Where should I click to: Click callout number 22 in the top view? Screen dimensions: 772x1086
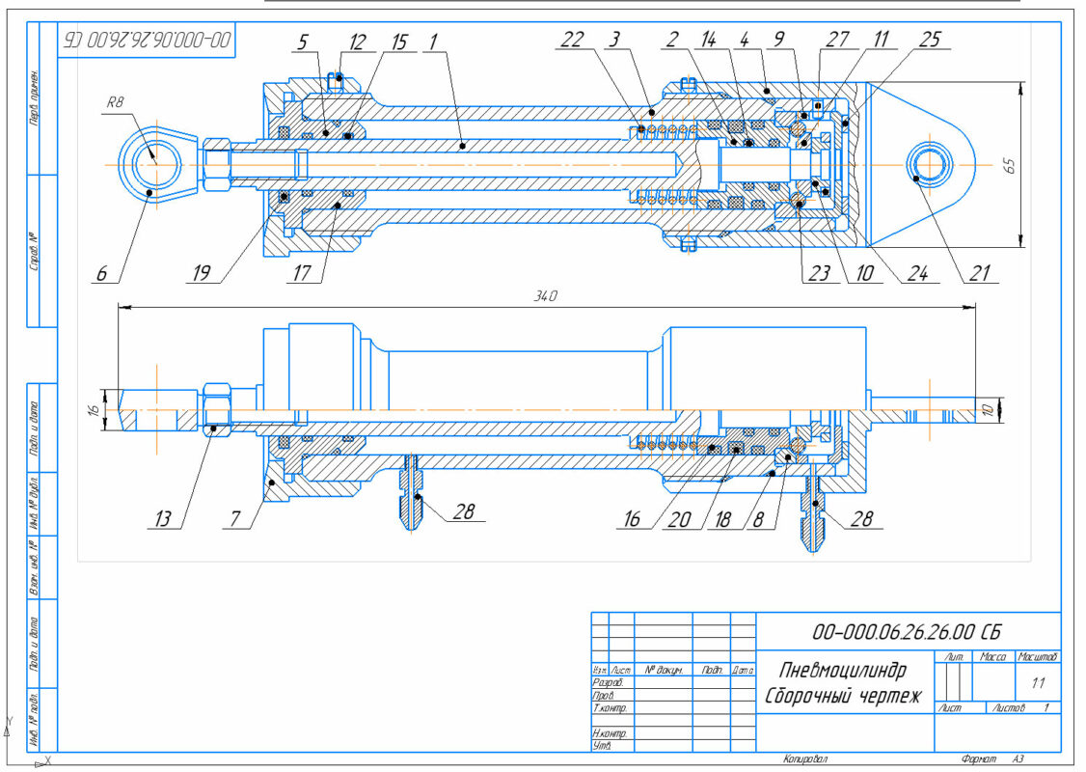click(572, 40)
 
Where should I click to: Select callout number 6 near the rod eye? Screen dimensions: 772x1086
click(100, 273)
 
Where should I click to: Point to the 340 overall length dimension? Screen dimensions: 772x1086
click(547, 295)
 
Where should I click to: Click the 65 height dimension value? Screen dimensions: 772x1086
click(1009, 165)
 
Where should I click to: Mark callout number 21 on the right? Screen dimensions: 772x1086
click(980, 273)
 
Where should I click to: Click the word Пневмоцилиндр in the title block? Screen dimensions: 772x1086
click(837, 670)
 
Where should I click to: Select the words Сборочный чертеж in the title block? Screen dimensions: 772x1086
click(843, 696)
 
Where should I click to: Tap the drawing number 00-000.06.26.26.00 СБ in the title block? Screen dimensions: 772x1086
click(907, 633)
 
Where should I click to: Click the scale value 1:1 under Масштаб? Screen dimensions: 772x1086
click(1039, 682)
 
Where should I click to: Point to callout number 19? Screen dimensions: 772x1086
click(201, 273)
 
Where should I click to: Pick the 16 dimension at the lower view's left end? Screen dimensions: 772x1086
click(93, 410)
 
